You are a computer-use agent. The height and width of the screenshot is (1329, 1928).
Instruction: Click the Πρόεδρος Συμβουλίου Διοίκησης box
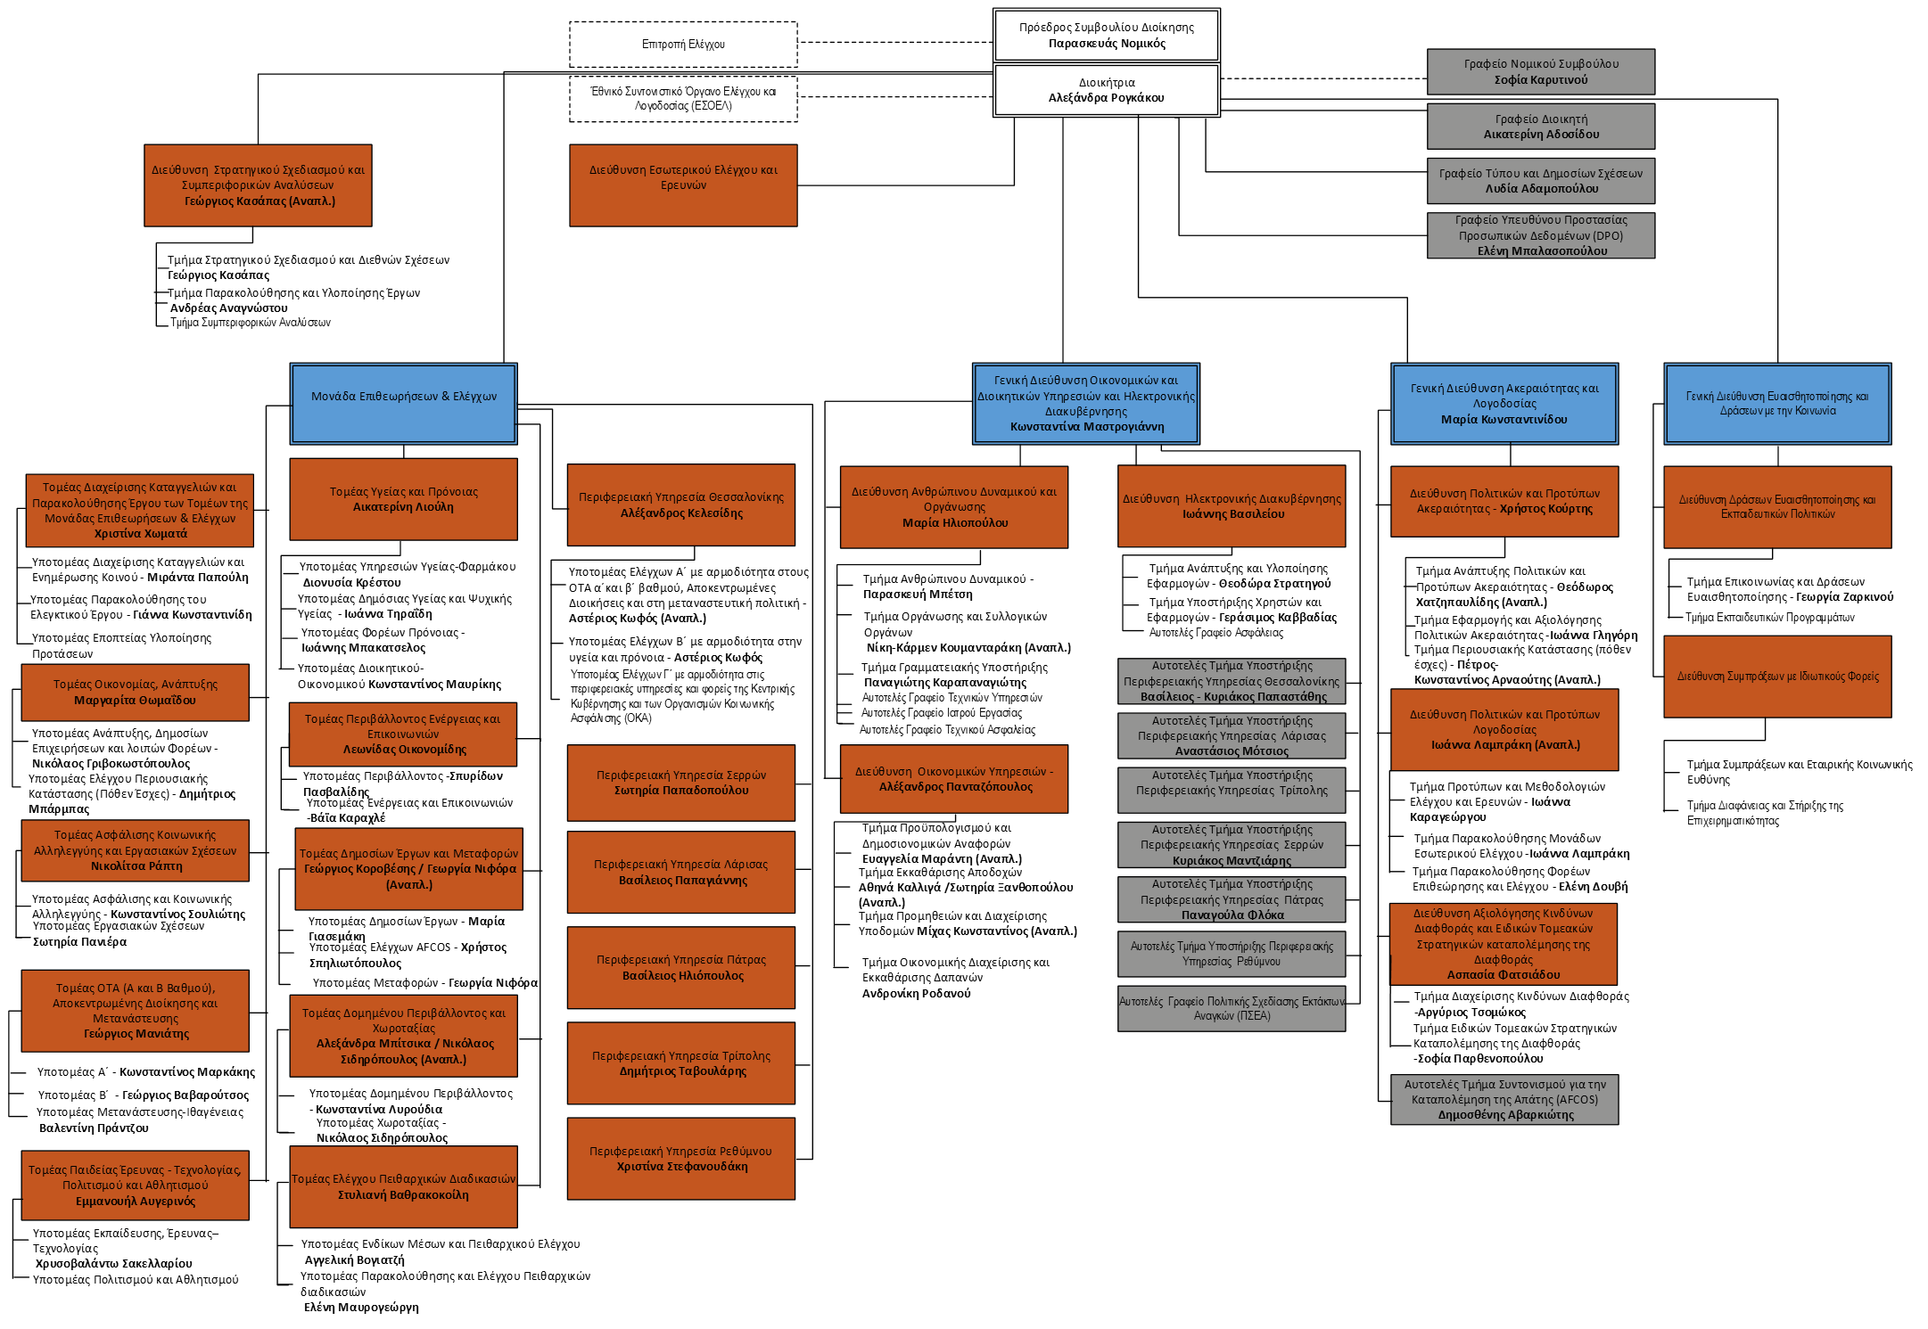[x=1106, y=36]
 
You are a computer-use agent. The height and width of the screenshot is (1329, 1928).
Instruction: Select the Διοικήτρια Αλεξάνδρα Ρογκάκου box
[x=1106, y=90]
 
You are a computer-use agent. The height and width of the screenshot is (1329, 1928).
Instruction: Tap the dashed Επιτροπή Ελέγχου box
[x=683, y=45]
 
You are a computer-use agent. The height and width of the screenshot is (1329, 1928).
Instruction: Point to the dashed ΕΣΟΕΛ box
[x=683, y=99]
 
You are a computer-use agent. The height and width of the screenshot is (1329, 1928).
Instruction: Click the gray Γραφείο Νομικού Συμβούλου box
[x=1540, y=72]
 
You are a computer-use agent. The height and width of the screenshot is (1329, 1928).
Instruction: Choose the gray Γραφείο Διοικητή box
[x=1540, y=127]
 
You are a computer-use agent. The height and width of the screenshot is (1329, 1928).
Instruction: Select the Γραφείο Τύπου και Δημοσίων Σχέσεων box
[x=1540, y=181]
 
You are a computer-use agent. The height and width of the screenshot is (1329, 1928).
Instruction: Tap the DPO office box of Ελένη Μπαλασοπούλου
[x=1540, y=235]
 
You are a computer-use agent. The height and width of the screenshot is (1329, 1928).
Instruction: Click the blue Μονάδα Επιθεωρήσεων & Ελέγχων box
[x=403, y=403]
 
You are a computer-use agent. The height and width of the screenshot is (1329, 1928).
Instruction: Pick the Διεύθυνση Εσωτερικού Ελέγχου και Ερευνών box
[x=683, y=185]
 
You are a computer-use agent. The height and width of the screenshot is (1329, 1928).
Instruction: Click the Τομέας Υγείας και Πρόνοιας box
[x=403, y=499]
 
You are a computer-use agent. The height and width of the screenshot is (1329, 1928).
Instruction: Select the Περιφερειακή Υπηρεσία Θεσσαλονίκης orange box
[x=681, y=505]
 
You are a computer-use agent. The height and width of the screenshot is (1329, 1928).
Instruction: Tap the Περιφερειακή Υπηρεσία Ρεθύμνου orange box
[x=681, y=1159]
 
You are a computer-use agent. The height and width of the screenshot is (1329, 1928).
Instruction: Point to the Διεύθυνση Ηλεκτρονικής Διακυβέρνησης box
[x=1232, y=506]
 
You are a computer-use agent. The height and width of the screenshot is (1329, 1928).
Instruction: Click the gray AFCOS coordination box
[x=1504, y=1100]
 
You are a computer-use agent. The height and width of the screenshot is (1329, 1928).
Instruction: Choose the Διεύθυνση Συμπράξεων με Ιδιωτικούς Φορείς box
[x=1777, y=677]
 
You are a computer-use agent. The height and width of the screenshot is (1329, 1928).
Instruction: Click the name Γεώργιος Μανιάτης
[x=136, y=1034]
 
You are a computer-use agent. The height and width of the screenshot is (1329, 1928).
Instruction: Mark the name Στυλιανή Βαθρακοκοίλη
[x=403, y=1195]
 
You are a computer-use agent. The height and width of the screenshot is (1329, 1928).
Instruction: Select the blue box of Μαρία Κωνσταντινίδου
[x=1504, y=404]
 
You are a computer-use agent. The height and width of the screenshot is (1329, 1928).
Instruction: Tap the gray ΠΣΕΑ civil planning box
[x=1232, y=1008]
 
